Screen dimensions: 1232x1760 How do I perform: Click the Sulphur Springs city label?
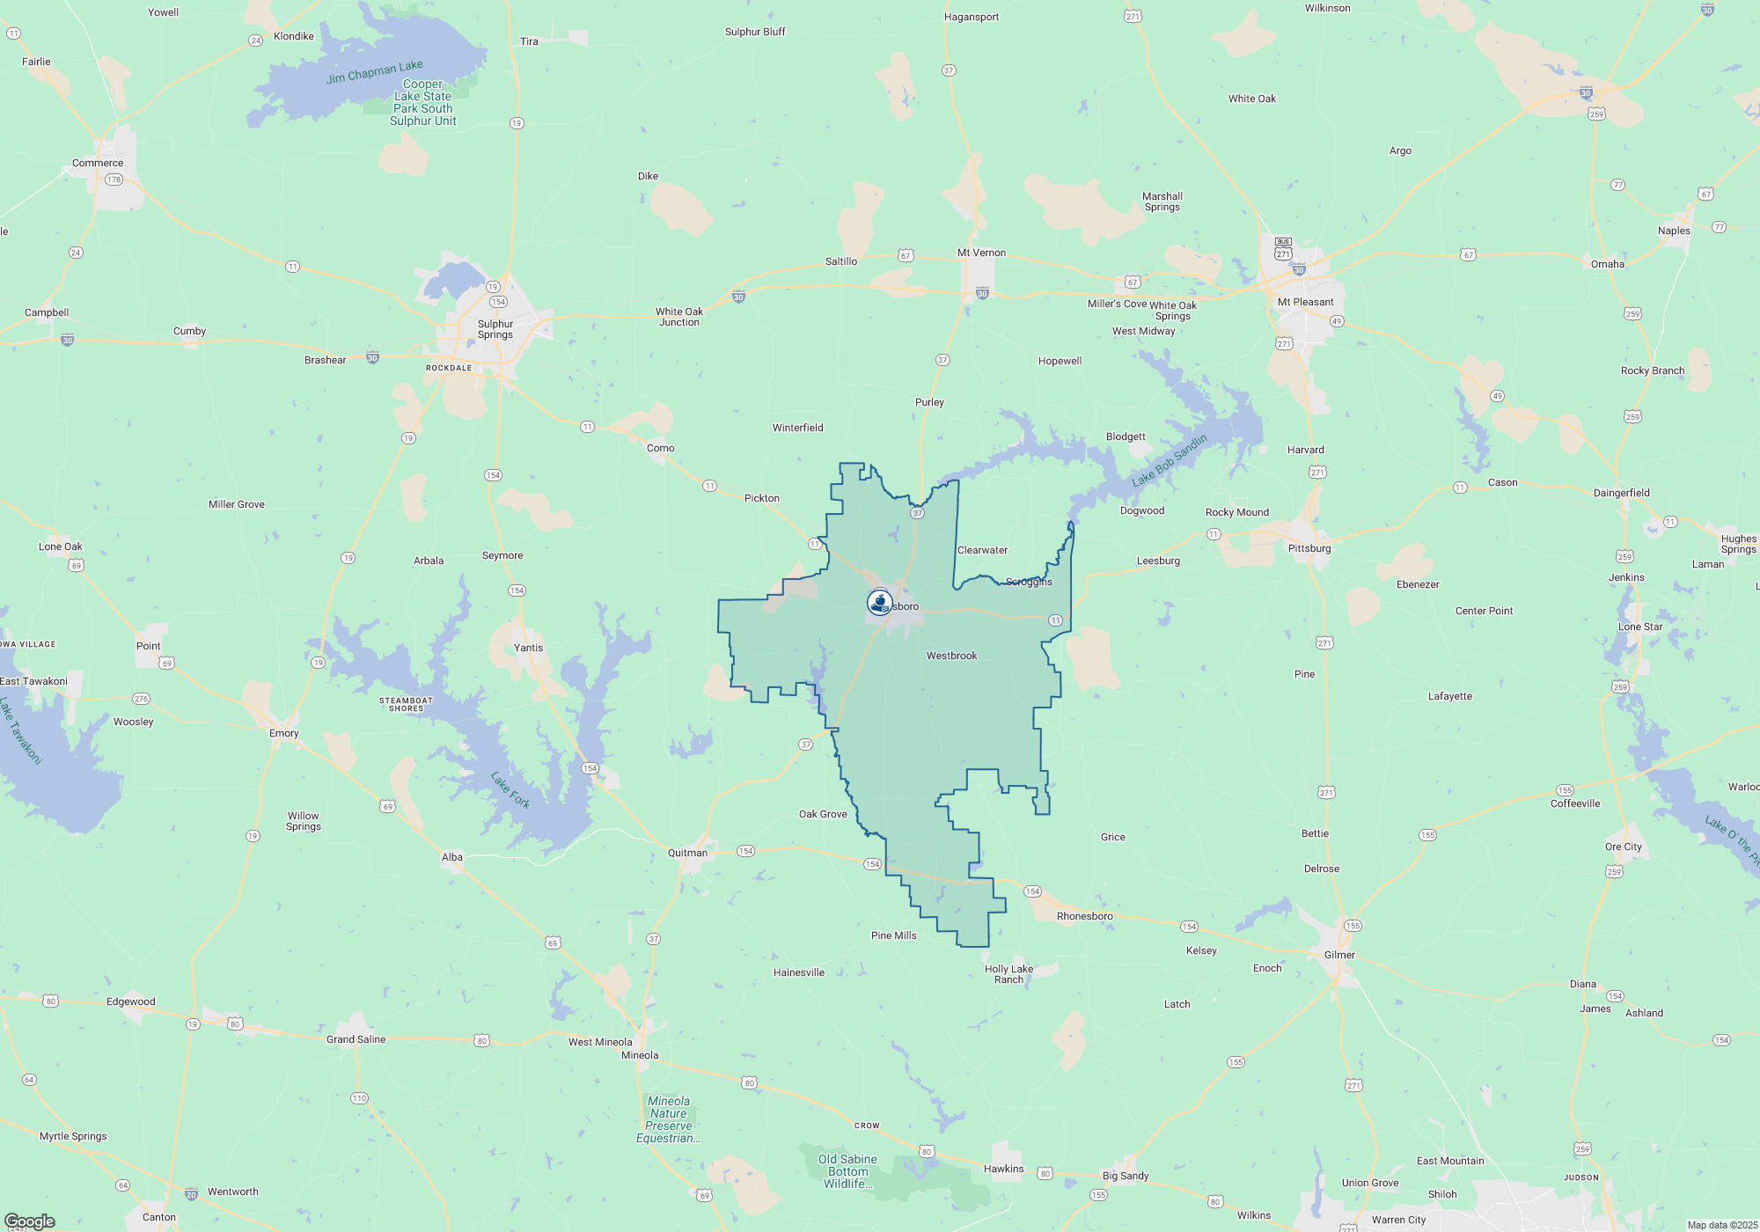(495, 329)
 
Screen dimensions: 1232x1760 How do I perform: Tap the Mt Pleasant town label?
(1305, 302)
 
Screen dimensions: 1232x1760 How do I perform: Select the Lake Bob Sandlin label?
(1170, 460)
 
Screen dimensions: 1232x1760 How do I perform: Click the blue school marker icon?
(879, 602)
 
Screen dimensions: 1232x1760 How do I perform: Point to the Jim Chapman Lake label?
(374, 71)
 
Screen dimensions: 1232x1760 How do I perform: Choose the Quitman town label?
(687, 853)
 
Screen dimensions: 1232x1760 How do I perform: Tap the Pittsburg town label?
(1309, 548)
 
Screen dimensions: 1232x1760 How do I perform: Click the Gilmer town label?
(1339, 955)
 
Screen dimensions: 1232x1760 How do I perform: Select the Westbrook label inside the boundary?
(951, 656)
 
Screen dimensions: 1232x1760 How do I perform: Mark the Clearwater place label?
(982, 550)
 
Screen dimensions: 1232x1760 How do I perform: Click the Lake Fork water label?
(510, 789)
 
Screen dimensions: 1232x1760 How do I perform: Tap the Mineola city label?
(640, 1055)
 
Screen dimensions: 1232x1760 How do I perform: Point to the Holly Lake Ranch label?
(1008, 974)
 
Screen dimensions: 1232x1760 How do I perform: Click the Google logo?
(29, 1221)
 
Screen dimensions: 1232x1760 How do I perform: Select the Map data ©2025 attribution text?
(1722, 1225)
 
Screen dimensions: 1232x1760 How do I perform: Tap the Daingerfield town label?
(1621, 493)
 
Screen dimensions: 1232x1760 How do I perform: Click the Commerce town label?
(98, 163)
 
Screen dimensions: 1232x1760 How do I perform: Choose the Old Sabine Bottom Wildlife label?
(847, 1171)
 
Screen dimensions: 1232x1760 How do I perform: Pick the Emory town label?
(283, 733)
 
